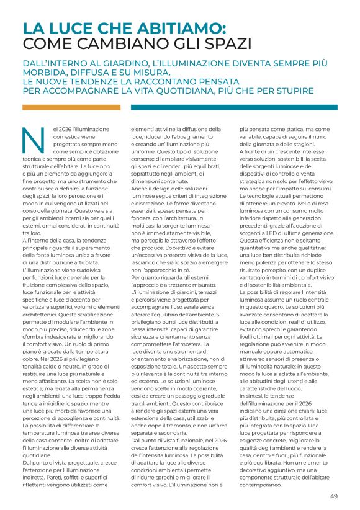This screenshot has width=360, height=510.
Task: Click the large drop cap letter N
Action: [x=32, y=140]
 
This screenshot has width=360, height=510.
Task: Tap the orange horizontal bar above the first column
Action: [x=71, y=107]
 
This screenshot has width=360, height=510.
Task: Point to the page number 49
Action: [x=333, y=496]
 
